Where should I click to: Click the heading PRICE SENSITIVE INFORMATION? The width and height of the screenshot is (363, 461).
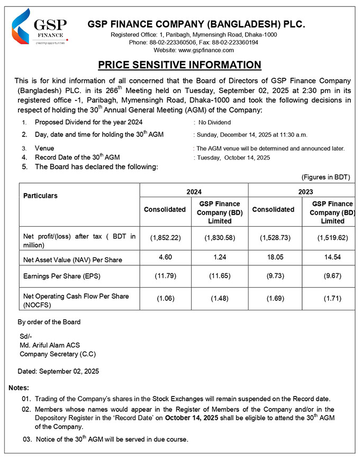179,65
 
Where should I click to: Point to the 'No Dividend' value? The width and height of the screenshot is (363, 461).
215,123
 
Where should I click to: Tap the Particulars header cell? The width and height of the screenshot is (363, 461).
41,196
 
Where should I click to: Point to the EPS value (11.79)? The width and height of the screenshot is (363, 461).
166,276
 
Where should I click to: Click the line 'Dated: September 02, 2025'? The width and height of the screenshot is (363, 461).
58,372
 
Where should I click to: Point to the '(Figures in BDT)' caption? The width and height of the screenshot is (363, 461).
325,177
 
